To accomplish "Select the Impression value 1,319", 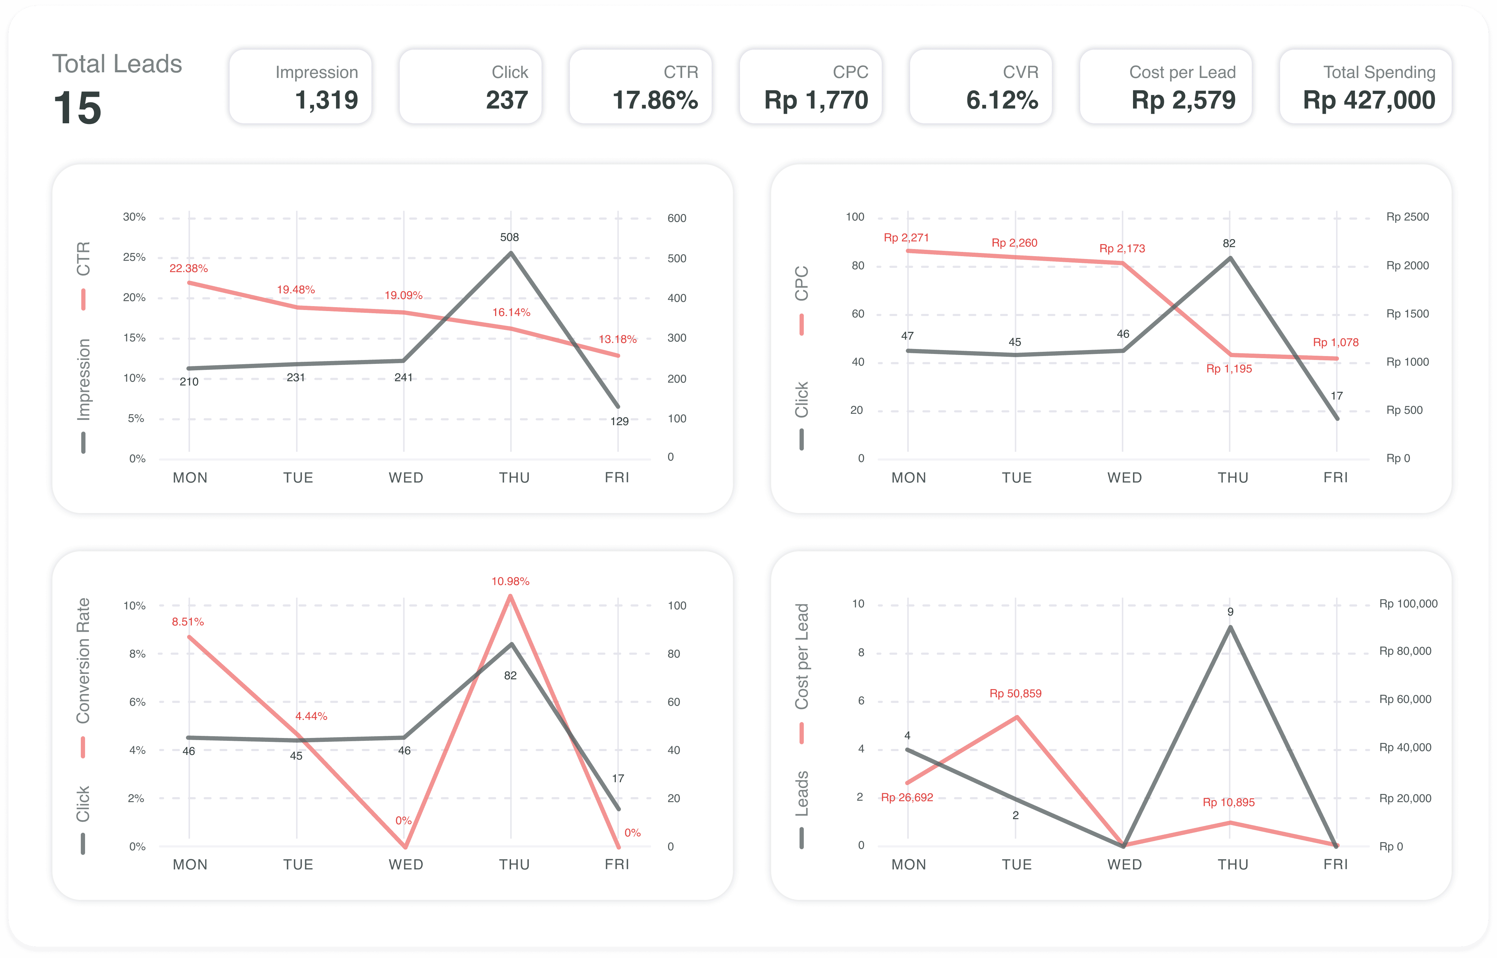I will (x=327, y=100).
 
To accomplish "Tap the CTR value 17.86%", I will (x=655, y=100).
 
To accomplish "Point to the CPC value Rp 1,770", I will (x=816, y=100).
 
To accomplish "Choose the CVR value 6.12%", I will (x=1002, y=100).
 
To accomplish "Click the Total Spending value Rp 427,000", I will (x=1369, y=100).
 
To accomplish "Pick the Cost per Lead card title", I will (x=1182, y=72).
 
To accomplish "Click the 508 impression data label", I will (x=510, y=237).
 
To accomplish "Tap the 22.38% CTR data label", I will (x=189, y=268).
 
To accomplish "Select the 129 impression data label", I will (x=619, y=421).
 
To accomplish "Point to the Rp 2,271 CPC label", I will (x=906, y=238).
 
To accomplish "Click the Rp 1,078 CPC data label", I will (x=1335, y=342).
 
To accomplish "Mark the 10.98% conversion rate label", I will (x=510, y=581).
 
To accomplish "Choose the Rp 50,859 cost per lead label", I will (x=1015, y=693).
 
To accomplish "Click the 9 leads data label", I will (x=1230, y=612).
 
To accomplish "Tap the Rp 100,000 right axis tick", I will (x=1408, y=603).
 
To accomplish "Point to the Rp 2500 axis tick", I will (x=1407, y=216).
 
